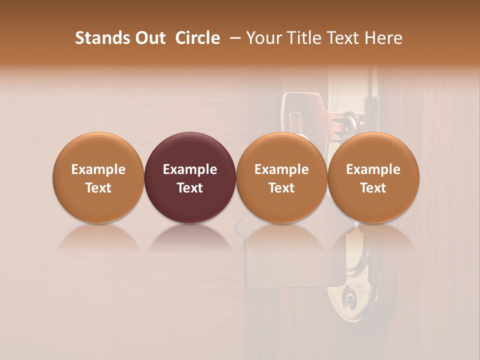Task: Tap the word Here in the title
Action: (383, 38)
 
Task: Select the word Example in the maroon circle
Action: (190, 169)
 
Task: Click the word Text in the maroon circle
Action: (190, 188)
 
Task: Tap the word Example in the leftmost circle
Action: (98, 169)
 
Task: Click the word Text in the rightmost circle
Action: (373, 188)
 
